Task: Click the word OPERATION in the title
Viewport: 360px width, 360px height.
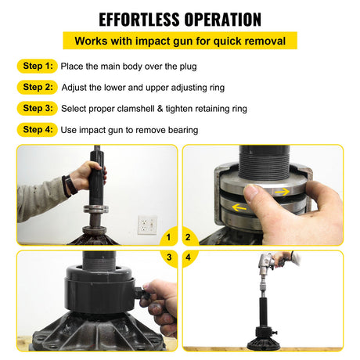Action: click(222, 18)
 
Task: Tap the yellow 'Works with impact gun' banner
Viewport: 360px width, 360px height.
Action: click(180, 41)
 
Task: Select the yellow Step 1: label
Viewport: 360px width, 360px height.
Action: click(38, 67)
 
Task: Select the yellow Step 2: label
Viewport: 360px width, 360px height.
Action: click(38, 87)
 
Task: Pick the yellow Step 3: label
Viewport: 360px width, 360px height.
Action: click(38, 108)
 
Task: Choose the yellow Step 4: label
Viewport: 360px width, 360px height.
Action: click(38, 129)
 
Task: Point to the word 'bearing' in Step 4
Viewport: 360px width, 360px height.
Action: click(181, 129)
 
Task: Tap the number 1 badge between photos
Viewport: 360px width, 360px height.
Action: click(169, 236)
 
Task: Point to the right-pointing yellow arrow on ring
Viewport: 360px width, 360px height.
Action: click(280, 190)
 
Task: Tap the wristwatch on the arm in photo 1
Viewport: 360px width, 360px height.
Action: click(69, 185)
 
